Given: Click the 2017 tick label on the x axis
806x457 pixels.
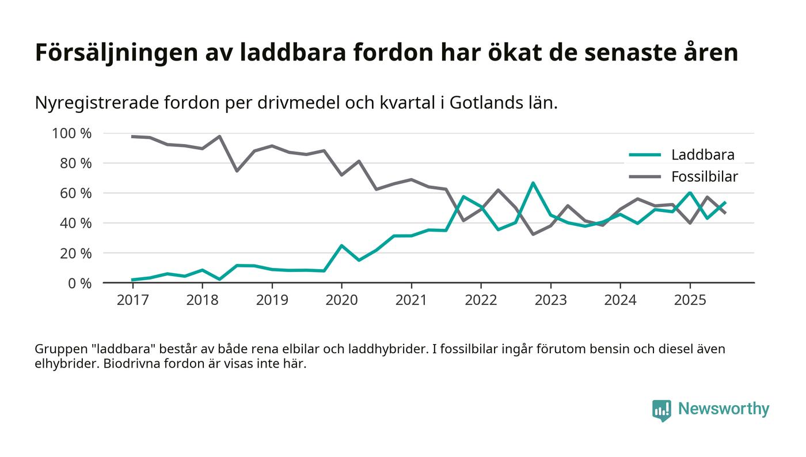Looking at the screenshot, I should pos(132,300).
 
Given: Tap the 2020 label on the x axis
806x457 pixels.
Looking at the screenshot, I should pos(341,300).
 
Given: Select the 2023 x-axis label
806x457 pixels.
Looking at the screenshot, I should pos(550,300).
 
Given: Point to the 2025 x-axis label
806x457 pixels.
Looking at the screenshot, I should pos(690,300).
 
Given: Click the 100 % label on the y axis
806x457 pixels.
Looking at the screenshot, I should pos(72,134).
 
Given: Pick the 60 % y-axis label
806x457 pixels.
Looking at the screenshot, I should pos(75,193).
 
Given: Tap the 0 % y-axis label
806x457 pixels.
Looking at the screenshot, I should pos(79,283).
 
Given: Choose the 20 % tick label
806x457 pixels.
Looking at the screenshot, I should pos(75,253).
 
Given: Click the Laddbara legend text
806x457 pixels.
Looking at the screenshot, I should pos(702,155).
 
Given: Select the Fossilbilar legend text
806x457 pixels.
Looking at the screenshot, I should pos(704,177).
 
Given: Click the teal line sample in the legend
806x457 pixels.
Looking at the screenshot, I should pos(645,155).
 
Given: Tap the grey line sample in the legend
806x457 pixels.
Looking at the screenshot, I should pos(645,177).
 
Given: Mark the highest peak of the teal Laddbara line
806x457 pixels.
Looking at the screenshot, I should pos(533,183).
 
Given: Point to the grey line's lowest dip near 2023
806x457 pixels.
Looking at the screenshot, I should pos(533,234).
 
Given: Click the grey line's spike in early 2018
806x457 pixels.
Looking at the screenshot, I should pos(219,137).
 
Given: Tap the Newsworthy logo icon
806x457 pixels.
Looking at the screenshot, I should pos(661,410).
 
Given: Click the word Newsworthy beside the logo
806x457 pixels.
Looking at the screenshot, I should pos(723,409).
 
